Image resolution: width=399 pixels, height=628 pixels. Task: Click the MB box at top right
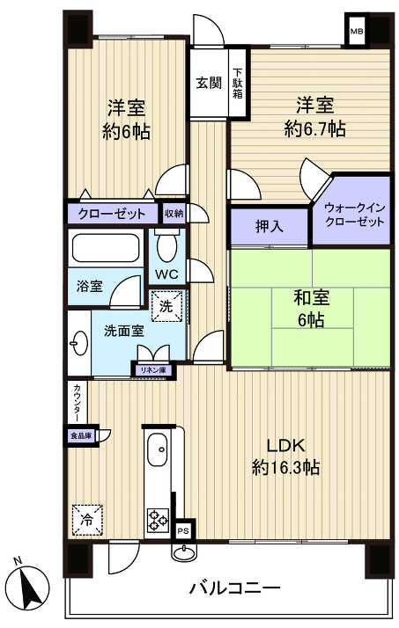tap(357, 33)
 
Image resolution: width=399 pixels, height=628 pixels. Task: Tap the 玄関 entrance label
tap(209, 84)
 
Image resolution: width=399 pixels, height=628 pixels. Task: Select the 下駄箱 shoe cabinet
tap(238, 84)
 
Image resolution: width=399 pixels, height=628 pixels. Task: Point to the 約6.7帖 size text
tap(314, 128)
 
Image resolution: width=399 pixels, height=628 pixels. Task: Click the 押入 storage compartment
tap(270, 227)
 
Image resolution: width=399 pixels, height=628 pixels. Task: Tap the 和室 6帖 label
tap(309, 308)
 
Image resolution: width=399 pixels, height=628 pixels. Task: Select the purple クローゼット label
tap(112, 214)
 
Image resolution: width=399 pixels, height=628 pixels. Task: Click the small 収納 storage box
tap(174, 213)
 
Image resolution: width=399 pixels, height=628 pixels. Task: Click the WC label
tap(167, 274)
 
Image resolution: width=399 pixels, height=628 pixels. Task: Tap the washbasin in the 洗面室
tap(78, 343)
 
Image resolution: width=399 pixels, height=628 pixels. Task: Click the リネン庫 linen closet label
tap(152, 370)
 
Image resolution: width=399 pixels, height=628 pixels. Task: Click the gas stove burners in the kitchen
tap(159, 520)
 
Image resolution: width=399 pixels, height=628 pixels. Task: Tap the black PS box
tap(183, 531)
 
